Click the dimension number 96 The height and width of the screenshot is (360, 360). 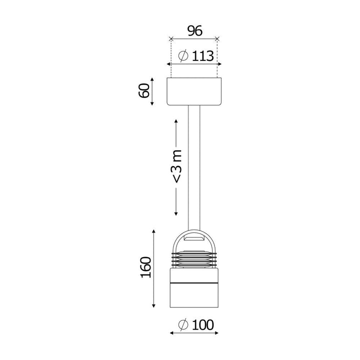(x=195, y=31)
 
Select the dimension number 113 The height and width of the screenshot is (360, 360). (x=202, y=56)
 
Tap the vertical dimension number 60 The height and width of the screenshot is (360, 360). (x=144, y=90)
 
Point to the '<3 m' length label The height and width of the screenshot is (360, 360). (x=177, y=166)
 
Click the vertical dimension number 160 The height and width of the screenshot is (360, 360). (x=146, y=267)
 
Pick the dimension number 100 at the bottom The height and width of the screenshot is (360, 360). (x=202, y=325)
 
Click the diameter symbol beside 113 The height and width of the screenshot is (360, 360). (x=183, y=56)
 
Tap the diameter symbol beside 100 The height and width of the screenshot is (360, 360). (x=183, y=325)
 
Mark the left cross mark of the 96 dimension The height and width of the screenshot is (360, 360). (x=171, y=39)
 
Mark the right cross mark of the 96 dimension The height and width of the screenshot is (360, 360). (x=217, y=39)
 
